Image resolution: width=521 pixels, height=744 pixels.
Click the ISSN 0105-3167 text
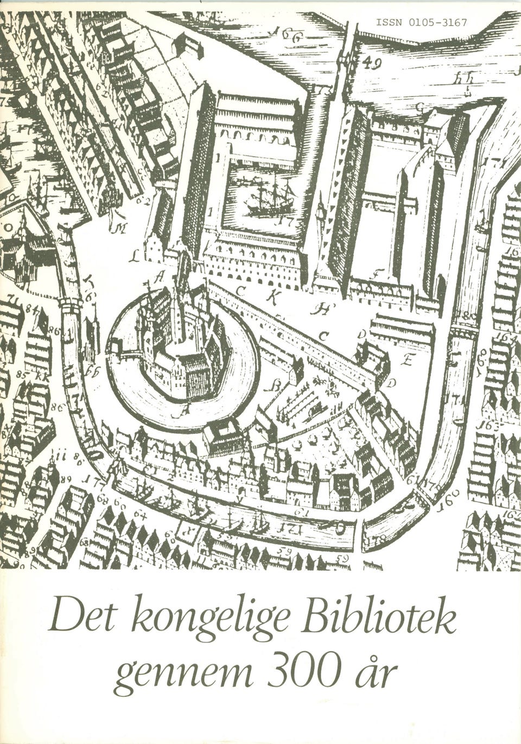[421, 23]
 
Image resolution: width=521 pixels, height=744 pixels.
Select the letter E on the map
[408, 359]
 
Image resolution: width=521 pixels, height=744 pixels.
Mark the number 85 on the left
[22, 374]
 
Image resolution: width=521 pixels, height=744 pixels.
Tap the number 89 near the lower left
[67, 479]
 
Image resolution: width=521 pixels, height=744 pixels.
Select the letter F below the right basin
[374, 274]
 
